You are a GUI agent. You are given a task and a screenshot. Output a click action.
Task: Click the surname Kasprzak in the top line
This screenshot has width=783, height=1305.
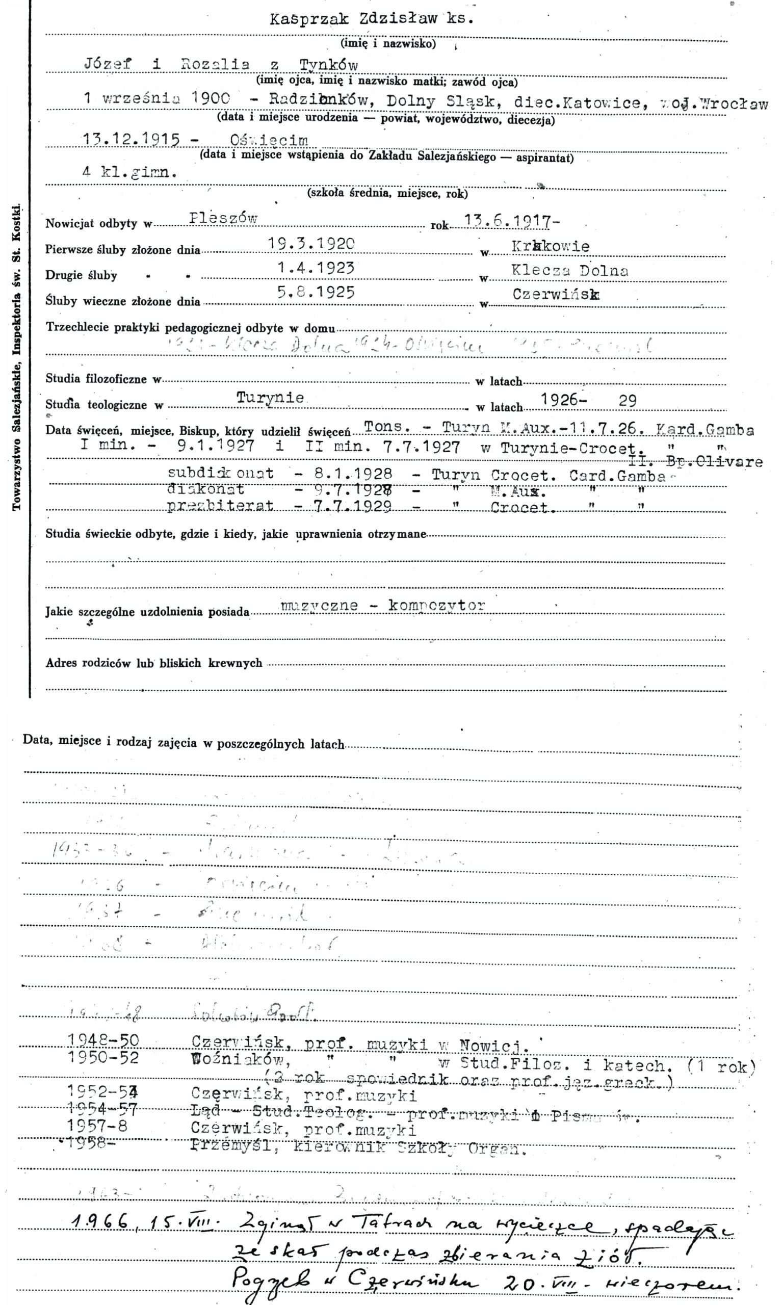pyautogui.click(x=309, y=19)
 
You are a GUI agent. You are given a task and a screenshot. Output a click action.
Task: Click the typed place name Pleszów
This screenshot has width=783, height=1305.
pyautogui.click(x=223, y=218)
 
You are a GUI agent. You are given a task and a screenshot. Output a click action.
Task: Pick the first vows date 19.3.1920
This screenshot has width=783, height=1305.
pyautogui.click(x=311, y=243)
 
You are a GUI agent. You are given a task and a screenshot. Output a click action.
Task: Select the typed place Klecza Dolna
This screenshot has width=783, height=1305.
pyautogui.click(x=570, y=271)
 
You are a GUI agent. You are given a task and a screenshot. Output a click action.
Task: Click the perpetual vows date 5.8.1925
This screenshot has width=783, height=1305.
pyautogui.click(x=316, y=292)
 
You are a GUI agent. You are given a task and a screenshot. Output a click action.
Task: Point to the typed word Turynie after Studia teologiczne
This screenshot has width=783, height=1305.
pyautogui.click(x=270, y=397)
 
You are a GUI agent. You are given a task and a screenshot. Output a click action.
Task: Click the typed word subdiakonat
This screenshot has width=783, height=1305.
pyautogui.click(x=221, y=473)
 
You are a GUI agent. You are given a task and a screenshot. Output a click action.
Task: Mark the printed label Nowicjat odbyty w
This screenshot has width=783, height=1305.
pyautogui.click(x=98, y=224)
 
